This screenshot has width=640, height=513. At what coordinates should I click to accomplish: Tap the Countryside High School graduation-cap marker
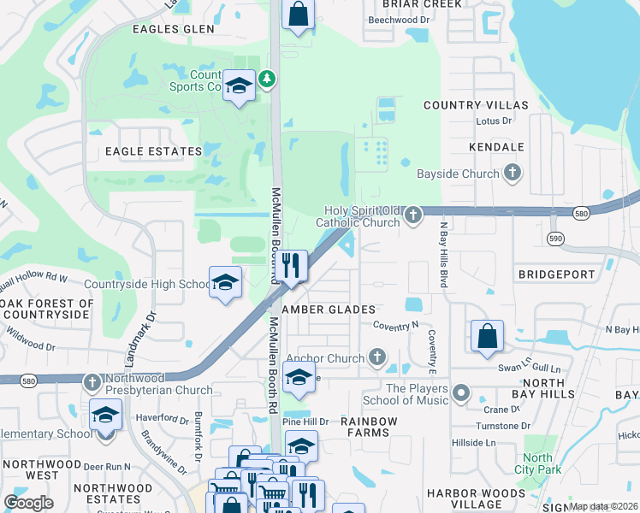coord(225,283)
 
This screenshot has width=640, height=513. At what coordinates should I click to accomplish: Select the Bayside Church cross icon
coord(512,174)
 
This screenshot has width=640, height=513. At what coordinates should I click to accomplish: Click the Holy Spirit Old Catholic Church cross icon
coord(413,214)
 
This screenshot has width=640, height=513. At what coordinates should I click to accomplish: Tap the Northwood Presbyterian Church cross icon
coord(92,381)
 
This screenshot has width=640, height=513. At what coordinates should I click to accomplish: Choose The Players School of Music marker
coord(461,393)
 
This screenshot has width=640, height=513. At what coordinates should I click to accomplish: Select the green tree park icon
coord(268,80)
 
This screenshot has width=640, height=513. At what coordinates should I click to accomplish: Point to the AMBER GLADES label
coord(329,310)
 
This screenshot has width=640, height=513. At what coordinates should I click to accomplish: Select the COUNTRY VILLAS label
coord(477,105)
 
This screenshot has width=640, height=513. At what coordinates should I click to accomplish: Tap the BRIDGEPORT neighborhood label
coord(556,274)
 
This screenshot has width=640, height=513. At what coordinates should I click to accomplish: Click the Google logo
coord(29,503)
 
